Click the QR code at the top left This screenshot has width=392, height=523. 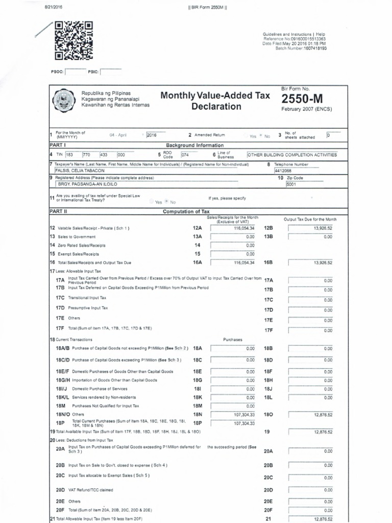[x=73, y=41]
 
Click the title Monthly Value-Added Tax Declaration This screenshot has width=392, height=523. [x=208, y=101]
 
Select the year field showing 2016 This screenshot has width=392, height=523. [x=158, y=135]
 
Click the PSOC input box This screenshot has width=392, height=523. [x=75, y=72]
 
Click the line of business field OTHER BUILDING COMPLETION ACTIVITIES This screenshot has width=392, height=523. [x=292, y=154]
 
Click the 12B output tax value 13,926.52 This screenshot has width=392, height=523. [x=311, y=228]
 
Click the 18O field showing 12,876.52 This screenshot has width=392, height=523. [x=311, y=414]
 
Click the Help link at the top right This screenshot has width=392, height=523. [x=321, y=34]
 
